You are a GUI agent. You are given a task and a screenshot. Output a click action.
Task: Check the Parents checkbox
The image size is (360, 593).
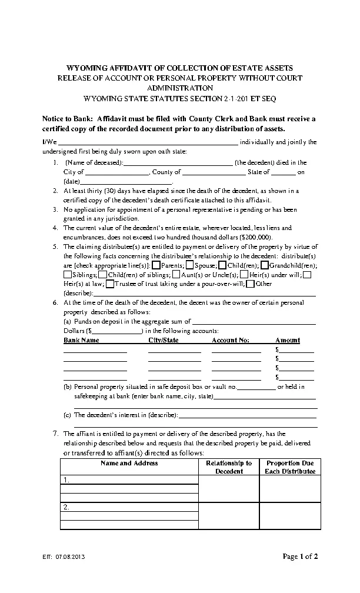coord(156,265)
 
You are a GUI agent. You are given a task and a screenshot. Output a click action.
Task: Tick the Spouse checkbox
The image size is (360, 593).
coord(190,265)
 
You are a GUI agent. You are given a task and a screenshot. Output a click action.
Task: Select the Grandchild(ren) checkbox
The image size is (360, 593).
coord(265,265)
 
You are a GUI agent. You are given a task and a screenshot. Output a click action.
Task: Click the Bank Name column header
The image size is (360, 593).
coord(81,340)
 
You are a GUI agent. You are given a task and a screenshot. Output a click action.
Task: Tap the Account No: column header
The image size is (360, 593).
coord(230,340)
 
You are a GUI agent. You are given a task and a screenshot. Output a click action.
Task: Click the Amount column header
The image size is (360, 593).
coord(288,340)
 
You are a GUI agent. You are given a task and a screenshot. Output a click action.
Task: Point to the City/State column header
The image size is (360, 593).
coord(164,340)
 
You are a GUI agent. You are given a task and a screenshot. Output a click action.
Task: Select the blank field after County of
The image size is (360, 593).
coord(214,173)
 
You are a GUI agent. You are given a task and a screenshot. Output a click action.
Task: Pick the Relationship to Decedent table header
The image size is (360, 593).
coord(229,467)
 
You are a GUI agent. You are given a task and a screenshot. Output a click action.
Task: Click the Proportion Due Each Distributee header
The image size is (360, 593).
coord(290,467)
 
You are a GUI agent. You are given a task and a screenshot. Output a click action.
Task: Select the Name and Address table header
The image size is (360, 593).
coord(129,464)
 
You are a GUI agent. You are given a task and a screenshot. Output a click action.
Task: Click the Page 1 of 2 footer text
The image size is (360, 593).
coord(300,556)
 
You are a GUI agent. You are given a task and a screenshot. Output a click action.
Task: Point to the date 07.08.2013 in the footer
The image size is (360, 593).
coord(74,557)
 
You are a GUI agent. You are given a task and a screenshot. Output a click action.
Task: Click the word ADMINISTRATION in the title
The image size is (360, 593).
coord(179,88)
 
